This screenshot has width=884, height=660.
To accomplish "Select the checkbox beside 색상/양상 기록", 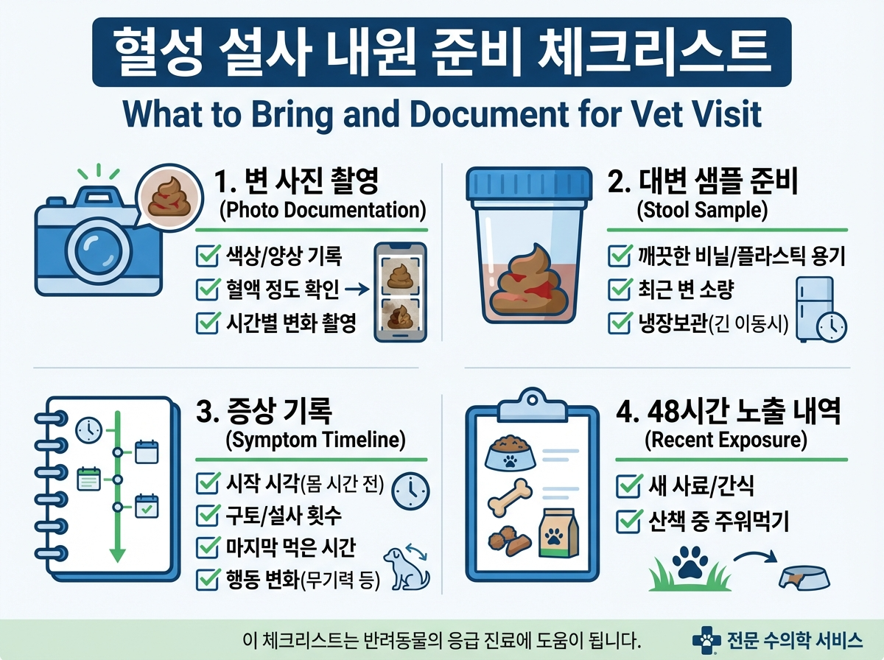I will (x=204, y=258).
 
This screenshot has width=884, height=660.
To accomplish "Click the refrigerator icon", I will (x=814, y=308).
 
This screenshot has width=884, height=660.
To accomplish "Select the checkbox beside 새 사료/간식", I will (x=628, y=487).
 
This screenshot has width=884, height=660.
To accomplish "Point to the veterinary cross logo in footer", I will (x=708, y=639).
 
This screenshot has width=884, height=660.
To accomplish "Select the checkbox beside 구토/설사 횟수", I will (x=204, y=516).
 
